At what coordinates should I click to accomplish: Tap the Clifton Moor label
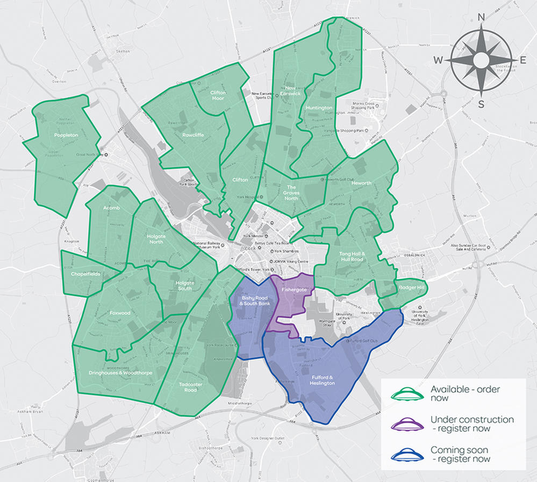[x=218, y=96]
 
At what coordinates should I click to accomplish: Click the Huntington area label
[x=319, y=108]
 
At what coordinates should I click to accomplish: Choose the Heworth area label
[x=361, y=183]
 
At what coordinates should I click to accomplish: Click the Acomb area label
[x=111, y=208]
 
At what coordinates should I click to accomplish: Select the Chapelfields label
[x=85, y=274]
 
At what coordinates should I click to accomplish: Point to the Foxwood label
[x=119, y=313]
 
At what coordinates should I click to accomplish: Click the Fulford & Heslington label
[x=323, y=380]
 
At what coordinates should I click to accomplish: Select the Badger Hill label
[x=412, y=288]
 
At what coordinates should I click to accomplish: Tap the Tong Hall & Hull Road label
[x=352, y=256]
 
